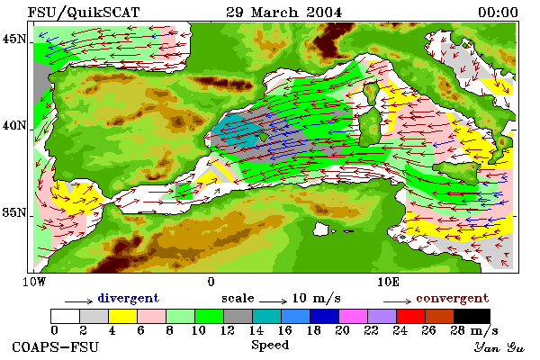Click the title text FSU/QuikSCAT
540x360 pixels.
tap(84, 13)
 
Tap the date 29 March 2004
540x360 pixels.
tap(284, 13)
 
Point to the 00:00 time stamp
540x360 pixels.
tap(498, 13)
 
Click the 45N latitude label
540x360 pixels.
tap(14, 39)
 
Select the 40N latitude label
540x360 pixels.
tap(14, 125)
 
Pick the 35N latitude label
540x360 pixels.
tap(14, 212)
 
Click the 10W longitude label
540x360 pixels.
tap(34, 282)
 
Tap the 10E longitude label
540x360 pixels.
tap(388, 282)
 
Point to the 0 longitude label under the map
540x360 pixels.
tap(211, 282)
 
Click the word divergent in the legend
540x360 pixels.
tap(129, 298)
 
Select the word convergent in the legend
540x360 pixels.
tap(453, 298)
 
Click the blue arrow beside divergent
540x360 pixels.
tap(78, 301)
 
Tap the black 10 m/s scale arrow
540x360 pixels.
tap(273, 301)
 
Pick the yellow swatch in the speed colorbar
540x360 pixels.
tap(123, 316)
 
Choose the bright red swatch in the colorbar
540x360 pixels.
tap(411, 316)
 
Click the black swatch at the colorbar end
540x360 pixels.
tap(472, 316)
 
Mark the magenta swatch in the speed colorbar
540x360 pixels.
tap(354, 316)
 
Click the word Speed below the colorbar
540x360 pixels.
tap(270, 346)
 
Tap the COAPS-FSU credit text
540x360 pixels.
tap(56, 346)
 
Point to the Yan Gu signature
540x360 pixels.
tap(499, 347)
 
